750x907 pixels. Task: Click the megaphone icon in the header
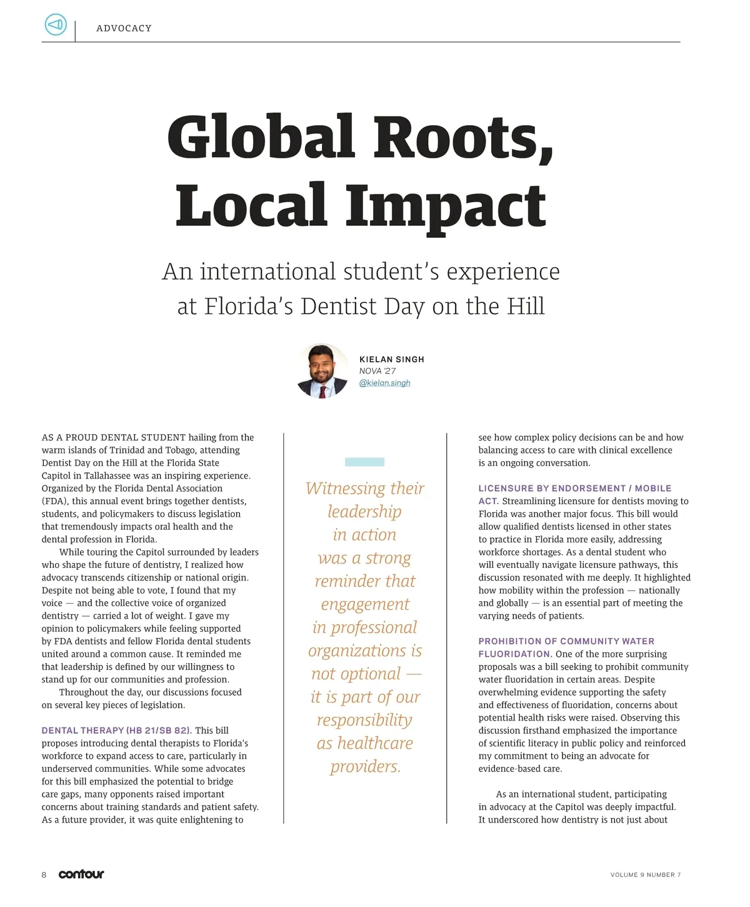tap(56, 25)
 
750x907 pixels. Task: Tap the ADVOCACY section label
tap(124, 28)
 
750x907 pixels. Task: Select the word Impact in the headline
tap(446, 206)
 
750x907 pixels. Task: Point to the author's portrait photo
tap(322, 371)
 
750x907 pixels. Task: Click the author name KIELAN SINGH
tap(392, 360)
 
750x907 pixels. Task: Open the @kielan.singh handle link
tap(385, 383)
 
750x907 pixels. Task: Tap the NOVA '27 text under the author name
tap(377, 371)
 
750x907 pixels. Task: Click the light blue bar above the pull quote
tap(364, 462)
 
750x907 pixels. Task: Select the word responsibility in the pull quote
tap(364, 720)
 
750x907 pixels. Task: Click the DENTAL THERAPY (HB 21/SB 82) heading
tap(116, 731)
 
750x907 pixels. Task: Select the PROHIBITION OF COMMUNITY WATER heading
tap(566, 641)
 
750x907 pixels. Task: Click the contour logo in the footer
tap(81, 874)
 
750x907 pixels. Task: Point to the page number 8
tap(44, 874)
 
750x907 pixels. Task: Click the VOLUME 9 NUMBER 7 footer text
tap(645, 874)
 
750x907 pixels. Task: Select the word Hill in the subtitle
tap(525, 307)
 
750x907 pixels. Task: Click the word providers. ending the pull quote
tap(365, 766)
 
